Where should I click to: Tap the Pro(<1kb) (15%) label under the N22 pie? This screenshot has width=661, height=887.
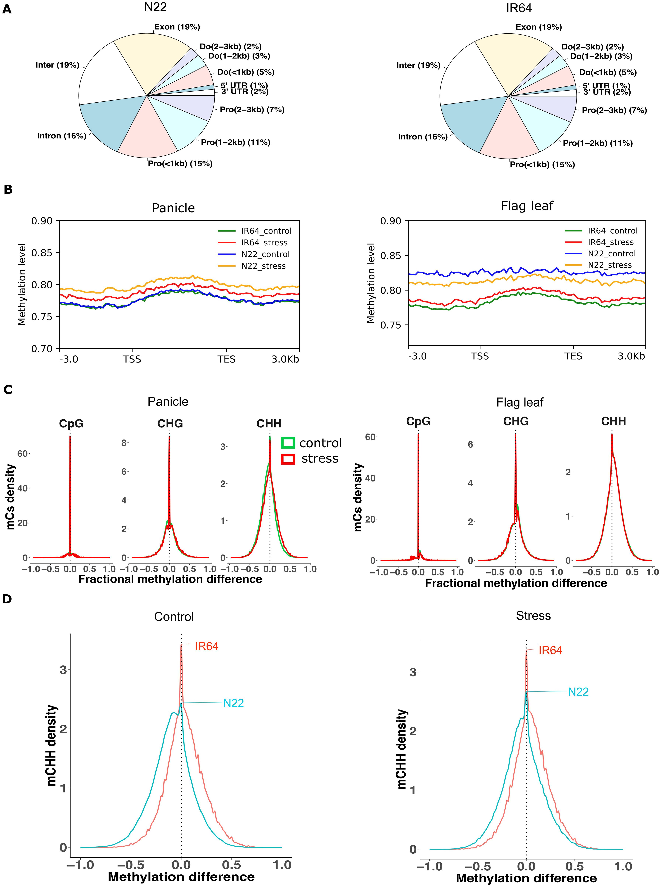point(180,164)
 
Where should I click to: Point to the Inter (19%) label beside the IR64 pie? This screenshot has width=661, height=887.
point(418,65)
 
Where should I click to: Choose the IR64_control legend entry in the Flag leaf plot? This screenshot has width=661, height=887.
point(612,231)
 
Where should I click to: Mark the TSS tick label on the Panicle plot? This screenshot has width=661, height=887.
point(132,359)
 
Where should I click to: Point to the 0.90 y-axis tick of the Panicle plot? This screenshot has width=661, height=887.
point(42,221)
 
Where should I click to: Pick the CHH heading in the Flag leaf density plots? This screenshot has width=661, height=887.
point(613,421)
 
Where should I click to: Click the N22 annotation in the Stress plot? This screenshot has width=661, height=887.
point(578,692)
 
